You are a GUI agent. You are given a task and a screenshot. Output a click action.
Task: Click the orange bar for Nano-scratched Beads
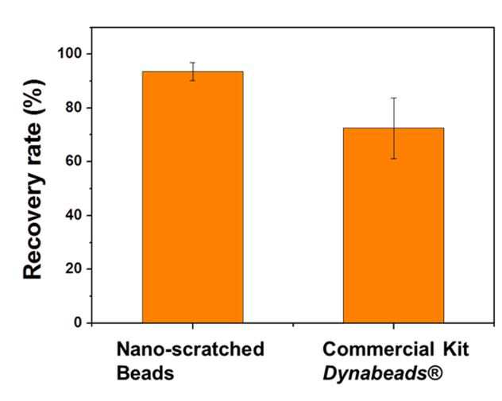coord(193,197)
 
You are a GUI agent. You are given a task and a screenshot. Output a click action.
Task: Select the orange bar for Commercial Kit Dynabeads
coord(393,226)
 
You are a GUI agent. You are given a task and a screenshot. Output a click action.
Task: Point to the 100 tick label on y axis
coord(69,53)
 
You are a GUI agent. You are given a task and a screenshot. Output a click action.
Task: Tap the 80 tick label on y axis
coord(74,107)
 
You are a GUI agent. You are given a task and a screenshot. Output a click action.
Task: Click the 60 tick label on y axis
coord(74,161)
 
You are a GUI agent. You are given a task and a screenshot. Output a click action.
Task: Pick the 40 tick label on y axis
coord(74,215)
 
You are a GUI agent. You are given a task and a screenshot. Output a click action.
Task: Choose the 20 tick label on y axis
coord(74,269)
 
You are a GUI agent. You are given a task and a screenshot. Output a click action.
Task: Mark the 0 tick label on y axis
coord(78,322)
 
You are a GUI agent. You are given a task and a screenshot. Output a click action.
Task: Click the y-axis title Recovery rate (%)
coord(33,179)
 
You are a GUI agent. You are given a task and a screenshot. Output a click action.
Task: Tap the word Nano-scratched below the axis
coord(191,349)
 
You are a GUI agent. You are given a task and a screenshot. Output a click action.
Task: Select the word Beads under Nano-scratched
coord(145,373)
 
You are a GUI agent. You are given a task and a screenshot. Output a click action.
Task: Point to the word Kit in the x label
coord(456,349)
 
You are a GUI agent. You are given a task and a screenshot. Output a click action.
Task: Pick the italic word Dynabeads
coord(372,374)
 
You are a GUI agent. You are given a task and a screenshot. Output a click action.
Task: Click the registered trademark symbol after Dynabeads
coord(432,373)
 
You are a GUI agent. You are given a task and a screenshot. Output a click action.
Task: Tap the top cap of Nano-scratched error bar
coord(193,63)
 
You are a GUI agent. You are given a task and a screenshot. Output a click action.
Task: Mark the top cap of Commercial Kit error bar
coord(393,98)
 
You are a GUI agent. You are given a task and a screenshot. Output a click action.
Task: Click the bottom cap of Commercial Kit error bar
coord(393,159)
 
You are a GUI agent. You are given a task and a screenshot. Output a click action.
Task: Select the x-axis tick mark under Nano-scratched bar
coord(193,326)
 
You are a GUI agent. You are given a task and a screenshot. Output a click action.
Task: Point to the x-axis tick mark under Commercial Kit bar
coord(393,326)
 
